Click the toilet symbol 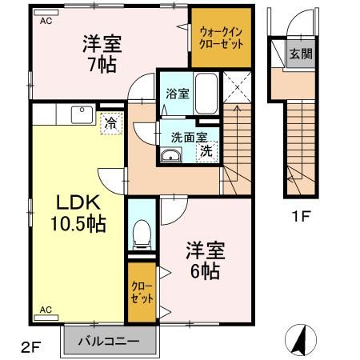click(x=142, y=234)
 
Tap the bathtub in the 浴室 click(x=206, y=94)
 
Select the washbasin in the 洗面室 click(x=170, y=155)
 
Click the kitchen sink click(x=82, y=114)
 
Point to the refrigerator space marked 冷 click(x=111, y=123)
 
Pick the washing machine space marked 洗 click(x=207, y=151)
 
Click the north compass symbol click(x=301, y=340)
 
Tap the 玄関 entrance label click(x=301, y=54)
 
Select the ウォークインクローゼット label click(x=221, y=38)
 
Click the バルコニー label click(x=109, y=342)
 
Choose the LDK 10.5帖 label click(x=78, y=213)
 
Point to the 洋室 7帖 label click(x=102, y=54)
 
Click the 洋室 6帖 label click(x=206, y=260)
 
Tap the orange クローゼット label click(x=142, y=292)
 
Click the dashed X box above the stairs click(x=237, y=87)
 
